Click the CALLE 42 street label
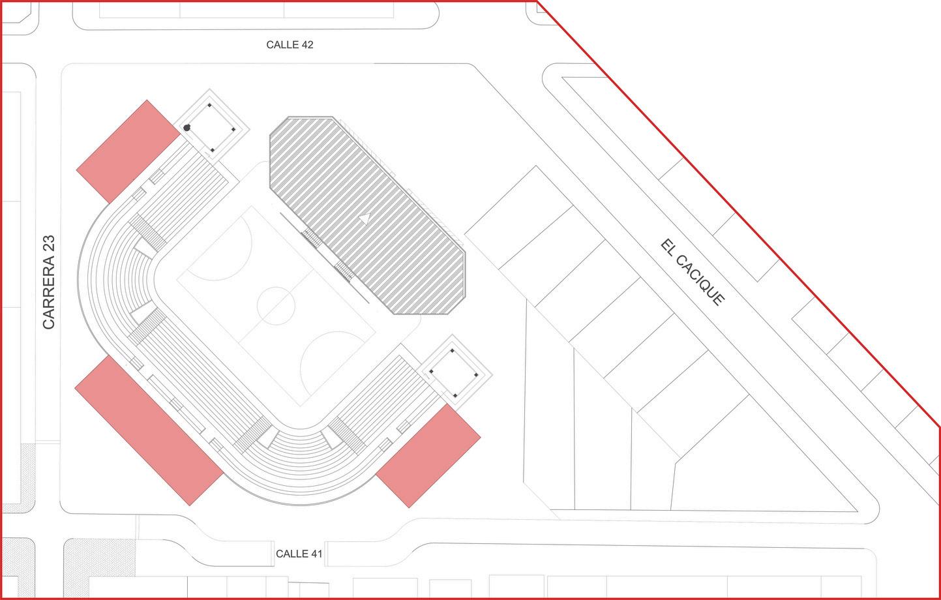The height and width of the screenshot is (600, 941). tap(290, 45)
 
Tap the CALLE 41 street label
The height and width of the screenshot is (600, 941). tap(299, 554)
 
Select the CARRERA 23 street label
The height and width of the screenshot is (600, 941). tap(50, 282)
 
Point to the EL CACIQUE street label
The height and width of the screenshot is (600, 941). tap(692, 273)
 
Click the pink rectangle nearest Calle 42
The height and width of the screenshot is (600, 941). tap(127, 151)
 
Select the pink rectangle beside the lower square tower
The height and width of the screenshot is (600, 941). tap(428, 455)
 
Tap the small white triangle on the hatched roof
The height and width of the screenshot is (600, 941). tap(365, 218)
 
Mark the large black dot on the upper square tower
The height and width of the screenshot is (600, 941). tap(187, 128)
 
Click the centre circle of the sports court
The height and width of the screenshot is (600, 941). tap(276, 304)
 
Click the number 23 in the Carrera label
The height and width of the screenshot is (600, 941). tap(50, 245)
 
